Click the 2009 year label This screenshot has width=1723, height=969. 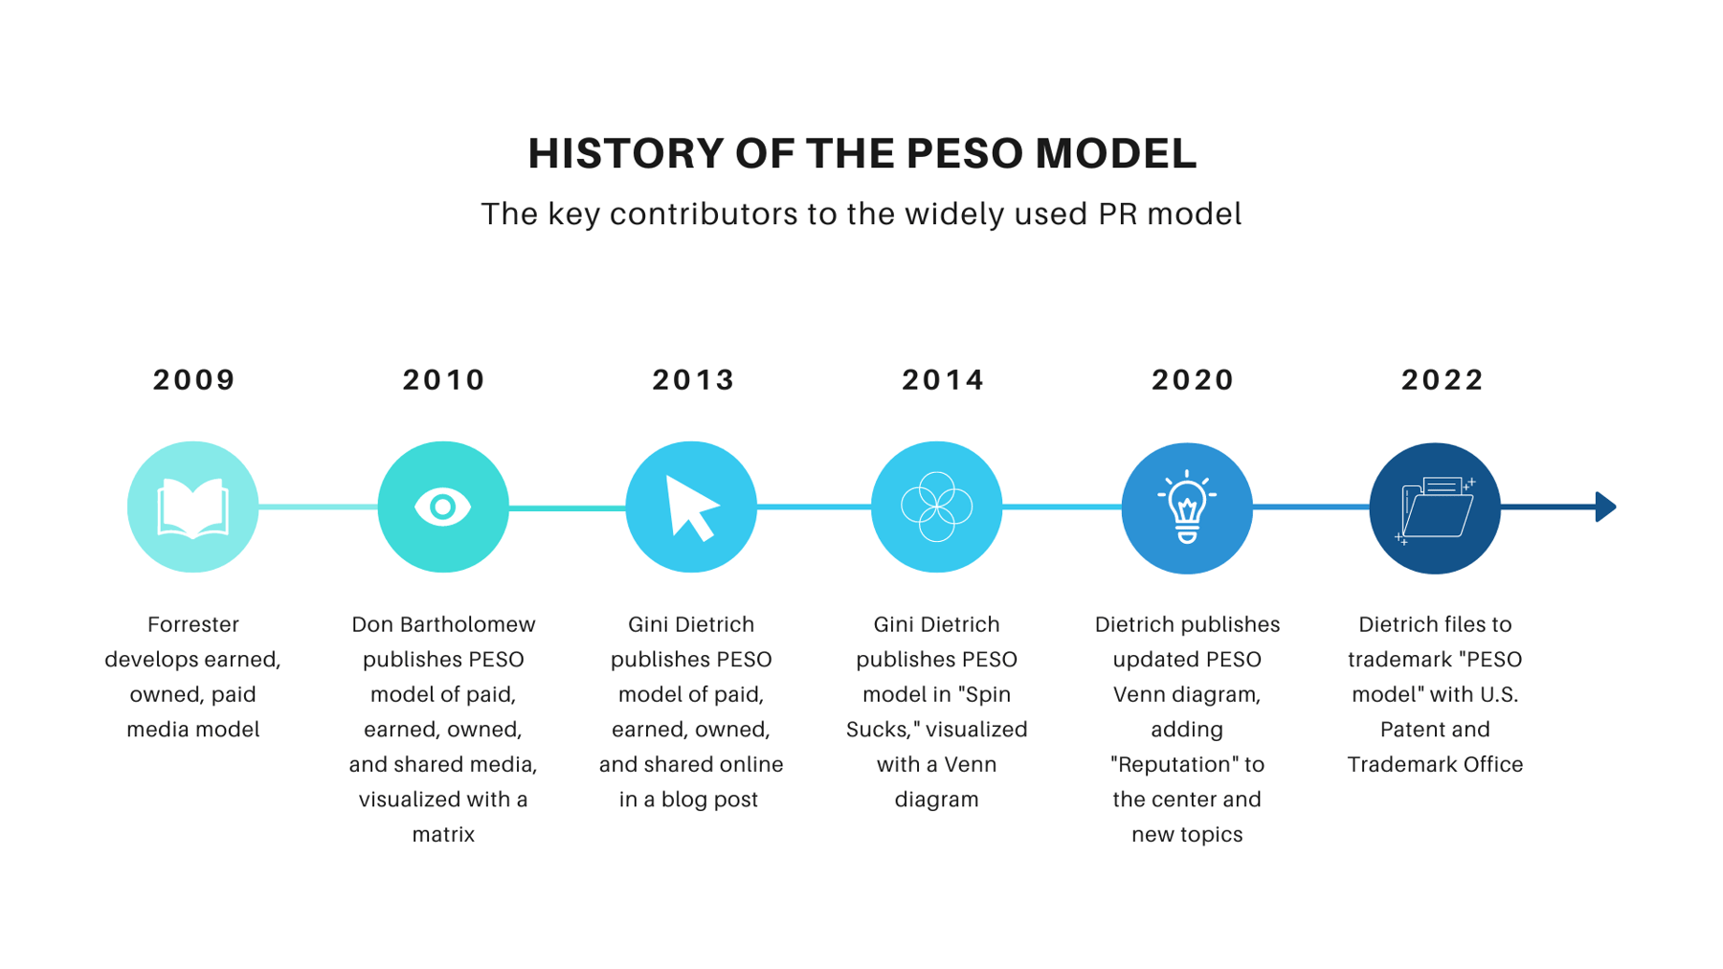pos(194,380)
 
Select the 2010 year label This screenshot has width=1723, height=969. pos(444,380)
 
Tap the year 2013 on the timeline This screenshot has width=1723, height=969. pos(694,380)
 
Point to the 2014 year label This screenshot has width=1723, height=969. pos(944,380)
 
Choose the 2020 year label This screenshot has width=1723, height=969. pos(1194,380)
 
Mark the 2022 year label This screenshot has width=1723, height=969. pos(1443,380)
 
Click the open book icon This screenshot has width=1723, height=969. pos(193,507)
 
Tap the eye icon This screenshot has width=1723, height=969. pos(442,507)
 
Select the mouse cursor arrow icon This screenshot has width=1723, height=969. pos(691,508)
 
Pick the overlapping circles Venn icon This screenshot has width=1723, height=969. pos(937,507)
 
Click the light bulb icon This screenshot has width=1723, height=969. pos(1187,507)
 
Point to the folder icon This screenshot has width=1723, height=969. pos(1435,508)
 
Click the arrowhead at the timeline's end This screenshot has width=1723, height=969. pos(1605,507)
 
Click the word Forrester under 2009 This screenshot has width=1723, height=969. pos(193,625)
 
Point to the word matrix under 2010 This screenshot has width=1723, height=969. pos(443,835)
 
